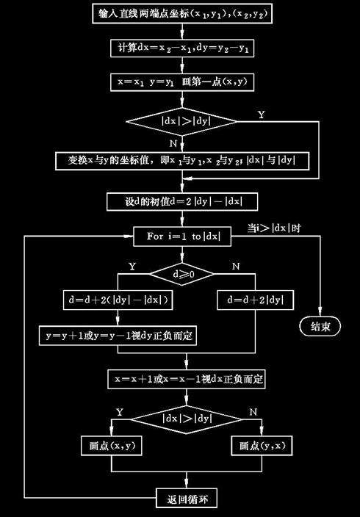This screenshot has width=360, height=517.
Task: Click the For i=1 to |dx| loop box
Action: pos(181,236)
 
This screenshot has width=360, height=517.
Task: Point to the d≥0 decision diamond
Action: pos(181,273)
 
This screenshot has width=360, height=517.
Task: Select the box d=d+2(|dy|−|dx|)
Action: pos(117,300)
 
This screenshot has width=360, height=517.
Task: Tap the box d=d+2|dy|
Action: pos(256,300)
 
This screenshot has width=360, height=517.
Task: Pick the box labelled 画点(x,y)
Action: pos(110,446)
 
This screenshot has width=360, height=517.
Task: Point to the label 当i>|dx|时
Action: pos(276,228)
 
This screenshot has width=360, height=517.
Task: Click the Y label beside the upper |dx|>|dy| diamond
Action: pos(262,115)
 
